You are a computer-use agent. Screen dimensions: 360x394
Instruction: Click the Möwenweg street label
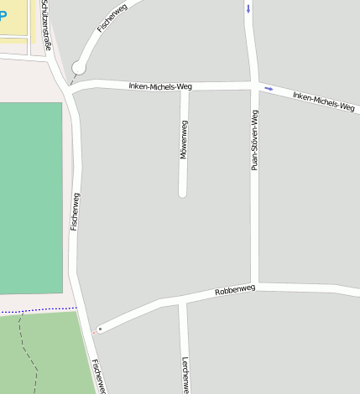click(x=184, y=139)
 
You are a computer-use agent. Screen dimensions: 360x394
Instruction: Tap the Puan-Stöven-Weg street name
click(x=255, y=140)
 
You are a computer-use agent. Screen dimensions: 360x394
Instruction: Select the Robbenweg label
click(x=235, y=290)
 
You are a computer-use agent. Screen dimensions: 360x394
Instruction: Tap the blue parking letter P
click(x=3, y=17)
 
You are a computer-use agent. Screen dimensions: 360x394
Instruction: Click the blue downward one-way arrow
click(x=248, y=9)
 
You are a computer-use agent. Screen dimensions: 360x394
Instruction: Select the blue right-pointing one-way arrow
click(x=269, y=88)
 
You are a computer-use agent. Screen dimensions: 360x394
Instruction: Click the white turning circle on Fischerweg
click(x=79, y=67)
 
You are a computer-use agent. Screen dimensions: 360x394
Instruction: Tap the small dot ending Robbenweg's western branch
click(x=100, y=329)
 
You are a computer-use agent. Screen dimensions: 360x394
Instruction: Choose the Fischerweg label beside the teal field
click(x=76, y=211)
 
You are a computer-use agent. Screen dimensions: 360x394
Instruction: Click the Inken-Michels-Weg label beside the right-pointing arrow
click(x=323, y=101)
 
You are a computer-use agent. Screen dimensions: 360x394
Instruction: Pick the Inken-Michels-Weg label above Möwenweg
click(x=167, y=86)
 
